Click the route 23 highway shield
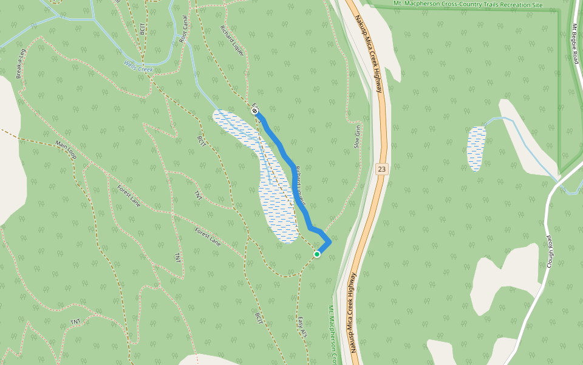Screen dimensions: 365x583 [381, 169]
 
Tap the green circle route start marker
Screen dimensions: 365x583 [317, 254]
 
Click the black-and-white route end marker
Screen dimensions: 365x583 [254, 111]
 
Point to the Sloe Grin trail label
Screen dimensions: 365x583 [357, 137]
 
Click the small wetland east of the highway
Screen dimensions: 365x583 [476, 148]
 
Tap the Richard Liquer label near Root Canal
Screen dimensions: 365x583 [233, 41]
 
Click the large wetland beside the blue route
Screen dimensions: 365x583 [276, 201]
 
